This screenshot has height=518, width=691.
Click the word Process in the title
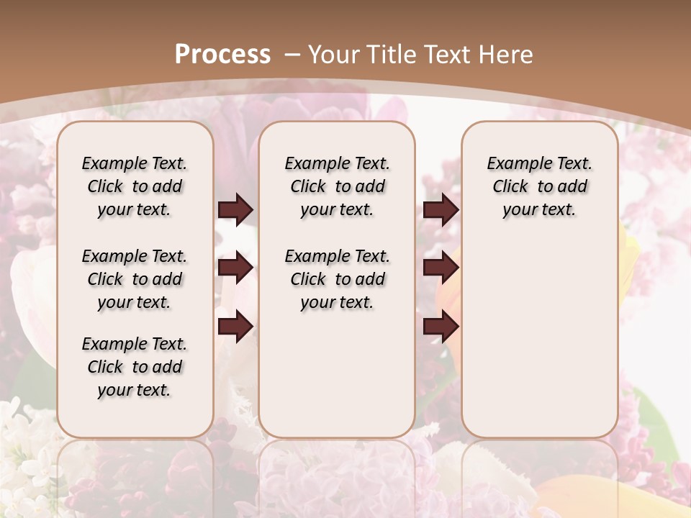[x=222, y=55]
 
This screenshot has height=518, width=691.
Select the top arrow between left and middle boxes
[x=235, y=209]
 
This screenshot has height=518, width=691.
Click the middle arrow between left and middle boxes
[x=235, y=268]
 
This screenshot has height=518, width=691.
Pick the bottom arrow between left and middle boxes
[x=235, y=327]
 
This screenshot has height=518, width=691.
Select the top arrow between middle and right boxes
[x=441, y=209]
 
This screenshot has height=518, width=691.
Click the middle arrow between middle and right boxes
[x=441, y=268]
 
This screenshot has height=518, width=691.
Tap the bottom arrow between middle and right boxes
[x=441, y=327]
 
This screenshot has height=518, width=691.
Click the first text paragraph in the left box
[x=135, y=186]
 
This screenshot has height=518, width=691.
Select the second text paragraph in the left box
[x=135, y=279]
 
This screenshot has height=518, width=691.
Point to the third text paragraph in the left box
[x=135, y=367]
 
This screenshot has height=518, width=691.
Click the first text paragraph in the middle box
[x=337, y=186]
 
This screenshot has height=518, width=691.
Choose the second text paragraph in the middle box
[x=337, y=279]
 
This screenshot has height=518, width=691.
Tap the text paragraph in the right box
[x=539, y=186]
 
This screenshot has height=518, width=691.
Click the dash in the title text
[x=293, y=55]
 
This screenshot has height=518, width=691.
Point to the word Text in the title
[x=447, y=55]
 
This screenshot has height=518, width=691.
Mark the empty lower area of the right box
[x=539, y=338]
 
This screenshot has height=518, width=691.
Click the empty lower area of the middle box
[x=337, y=374]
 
